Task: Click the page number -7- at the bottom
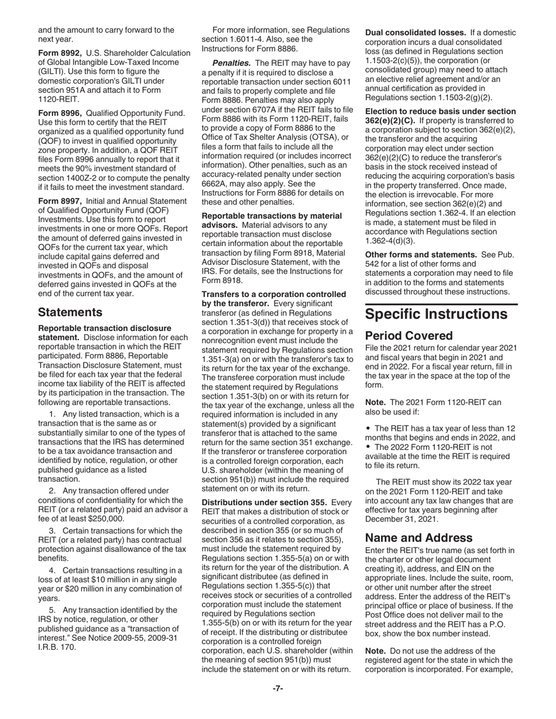click(x=278, y=689)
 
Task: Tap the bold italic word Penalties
click(x=232, y=63)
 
